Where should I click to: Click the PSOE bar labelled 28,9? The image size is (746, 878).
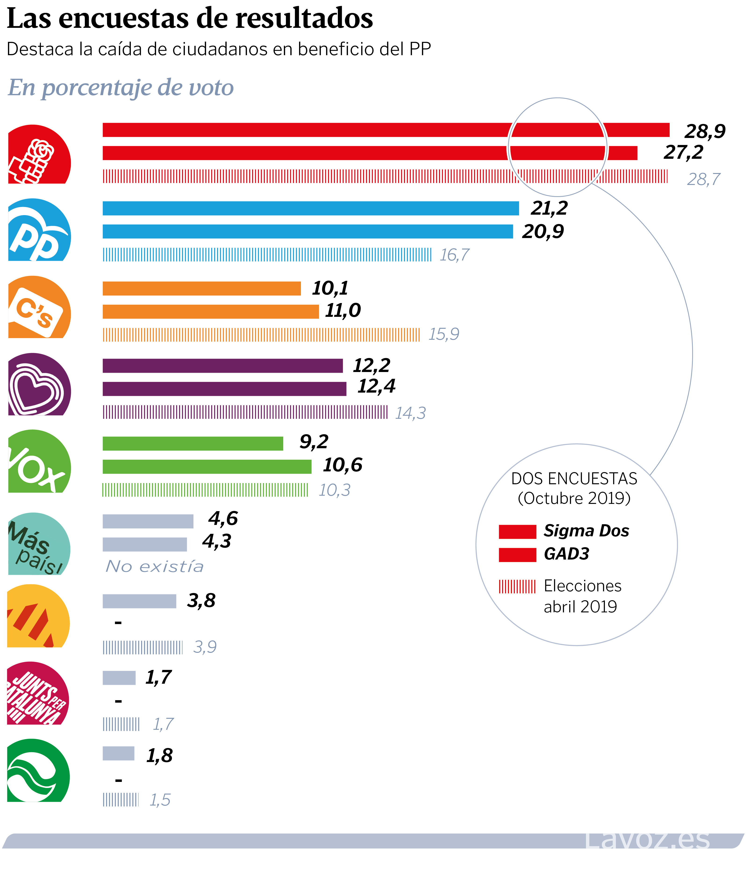tap(386, 130)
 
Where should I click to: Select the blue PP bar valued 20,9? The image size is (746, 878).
tap(307, 231)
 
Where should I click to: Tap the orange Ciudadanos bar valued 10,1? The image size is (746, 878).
tap(201, 289)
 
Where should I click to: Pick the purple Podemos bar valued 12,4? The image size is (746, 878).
tap(224, 389)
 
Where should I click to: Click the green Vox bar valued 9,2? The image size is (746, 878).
tap(193, 444)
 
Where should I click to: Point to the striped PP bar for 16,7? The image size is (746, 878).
tap(267, 255)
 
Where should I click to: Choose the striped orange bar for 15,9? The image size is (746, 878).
tap(261, 334)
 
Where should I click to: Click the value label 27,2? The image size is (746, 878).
tap(683, 152)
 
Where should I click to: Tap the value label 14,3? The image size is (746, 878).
tap(410, 413)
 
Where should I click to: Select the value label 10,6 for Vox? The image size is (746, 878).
tap(343, 465)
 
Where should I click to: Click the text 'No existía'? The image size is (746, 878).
tap(155, 566)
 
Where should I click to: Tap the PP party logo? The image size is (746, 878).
tap(39, 230)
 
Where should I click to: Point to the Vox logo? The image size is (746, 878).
tap(39, 462)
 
